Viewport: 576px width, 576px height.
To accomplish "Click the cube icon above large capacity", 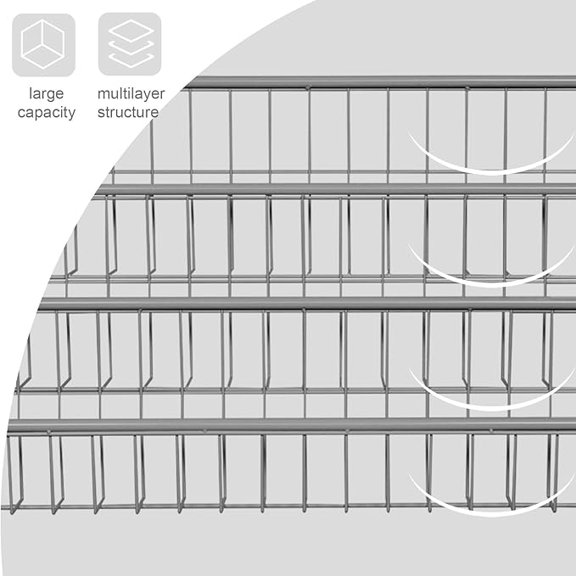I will [43, 44].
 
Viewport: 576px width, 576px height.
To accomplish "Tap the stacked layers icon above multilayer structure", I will [130, 44].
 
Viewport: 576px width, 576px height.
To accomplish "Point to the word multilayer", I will [130, 93].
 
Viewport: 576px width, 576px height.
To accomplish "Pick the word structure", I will [128, 112].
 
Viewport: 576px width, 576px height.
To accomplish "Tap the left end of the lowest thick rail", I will [12, 425].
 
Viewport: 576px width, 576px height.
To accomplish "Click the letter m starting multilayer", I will [103, 93].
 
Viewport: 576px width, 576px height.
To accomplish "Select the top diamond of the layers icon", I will [130, 31].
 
